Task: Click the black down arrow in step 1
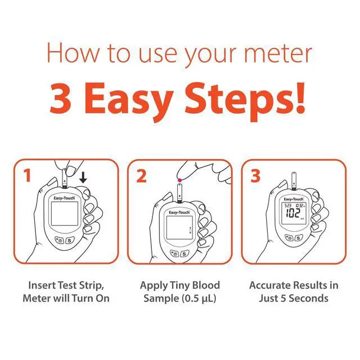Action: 83,178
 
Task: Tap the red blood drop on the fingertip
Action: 180,180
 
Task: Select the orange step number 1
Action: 28,175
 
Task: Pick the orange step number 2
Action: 141,176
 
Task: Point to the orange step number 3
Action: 255,176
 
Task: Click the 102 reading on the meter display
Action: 292,213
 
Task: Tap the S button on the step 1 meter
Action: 69,241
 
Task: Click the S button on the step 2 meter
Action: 184,254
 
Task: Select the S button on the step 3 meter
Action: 298,238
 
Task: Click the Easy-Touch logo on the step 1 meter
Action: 64,198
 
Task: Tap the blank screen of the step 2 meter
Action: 179,228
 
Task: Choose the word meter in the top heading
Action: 278,54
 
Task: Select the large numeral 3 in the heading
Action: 60,99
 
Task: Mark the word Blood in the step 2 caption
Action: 206,285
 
